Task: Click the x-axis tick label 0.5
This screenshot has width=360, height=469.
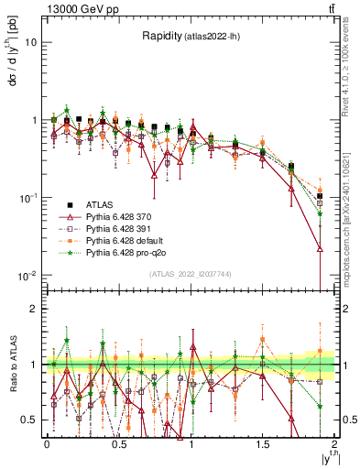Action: click(118, 442)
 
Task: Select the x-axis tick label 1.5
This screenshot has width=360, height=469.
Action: click(263, 442)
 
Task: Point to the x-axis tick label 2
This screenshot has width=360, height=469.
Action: click(335, 442)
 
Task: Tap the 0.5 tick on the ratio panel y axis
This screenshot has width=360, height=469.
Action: click(30, 420)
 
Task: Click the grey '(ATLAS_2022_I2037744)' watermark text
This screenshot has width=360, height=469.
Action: click(191, 274)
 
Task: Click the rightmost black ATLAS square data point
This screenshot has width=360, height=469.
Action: click(320, 196)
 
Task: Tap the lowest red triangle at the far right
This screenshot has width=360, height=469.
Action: click(320, 248)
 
